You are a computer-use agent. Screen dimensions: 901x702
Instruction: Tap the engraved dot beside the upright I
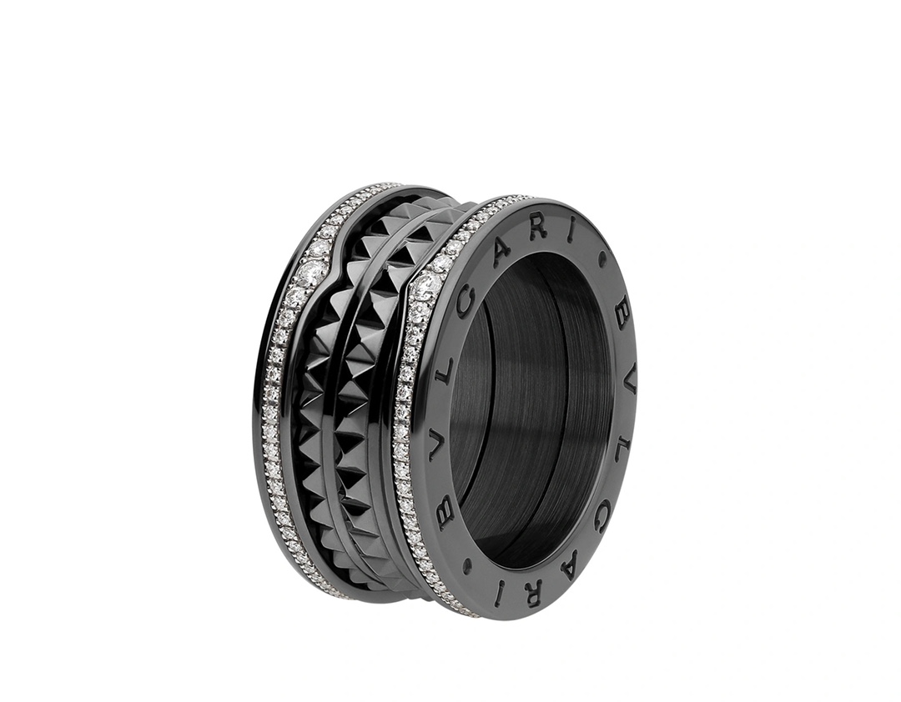tap(603, 258)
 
